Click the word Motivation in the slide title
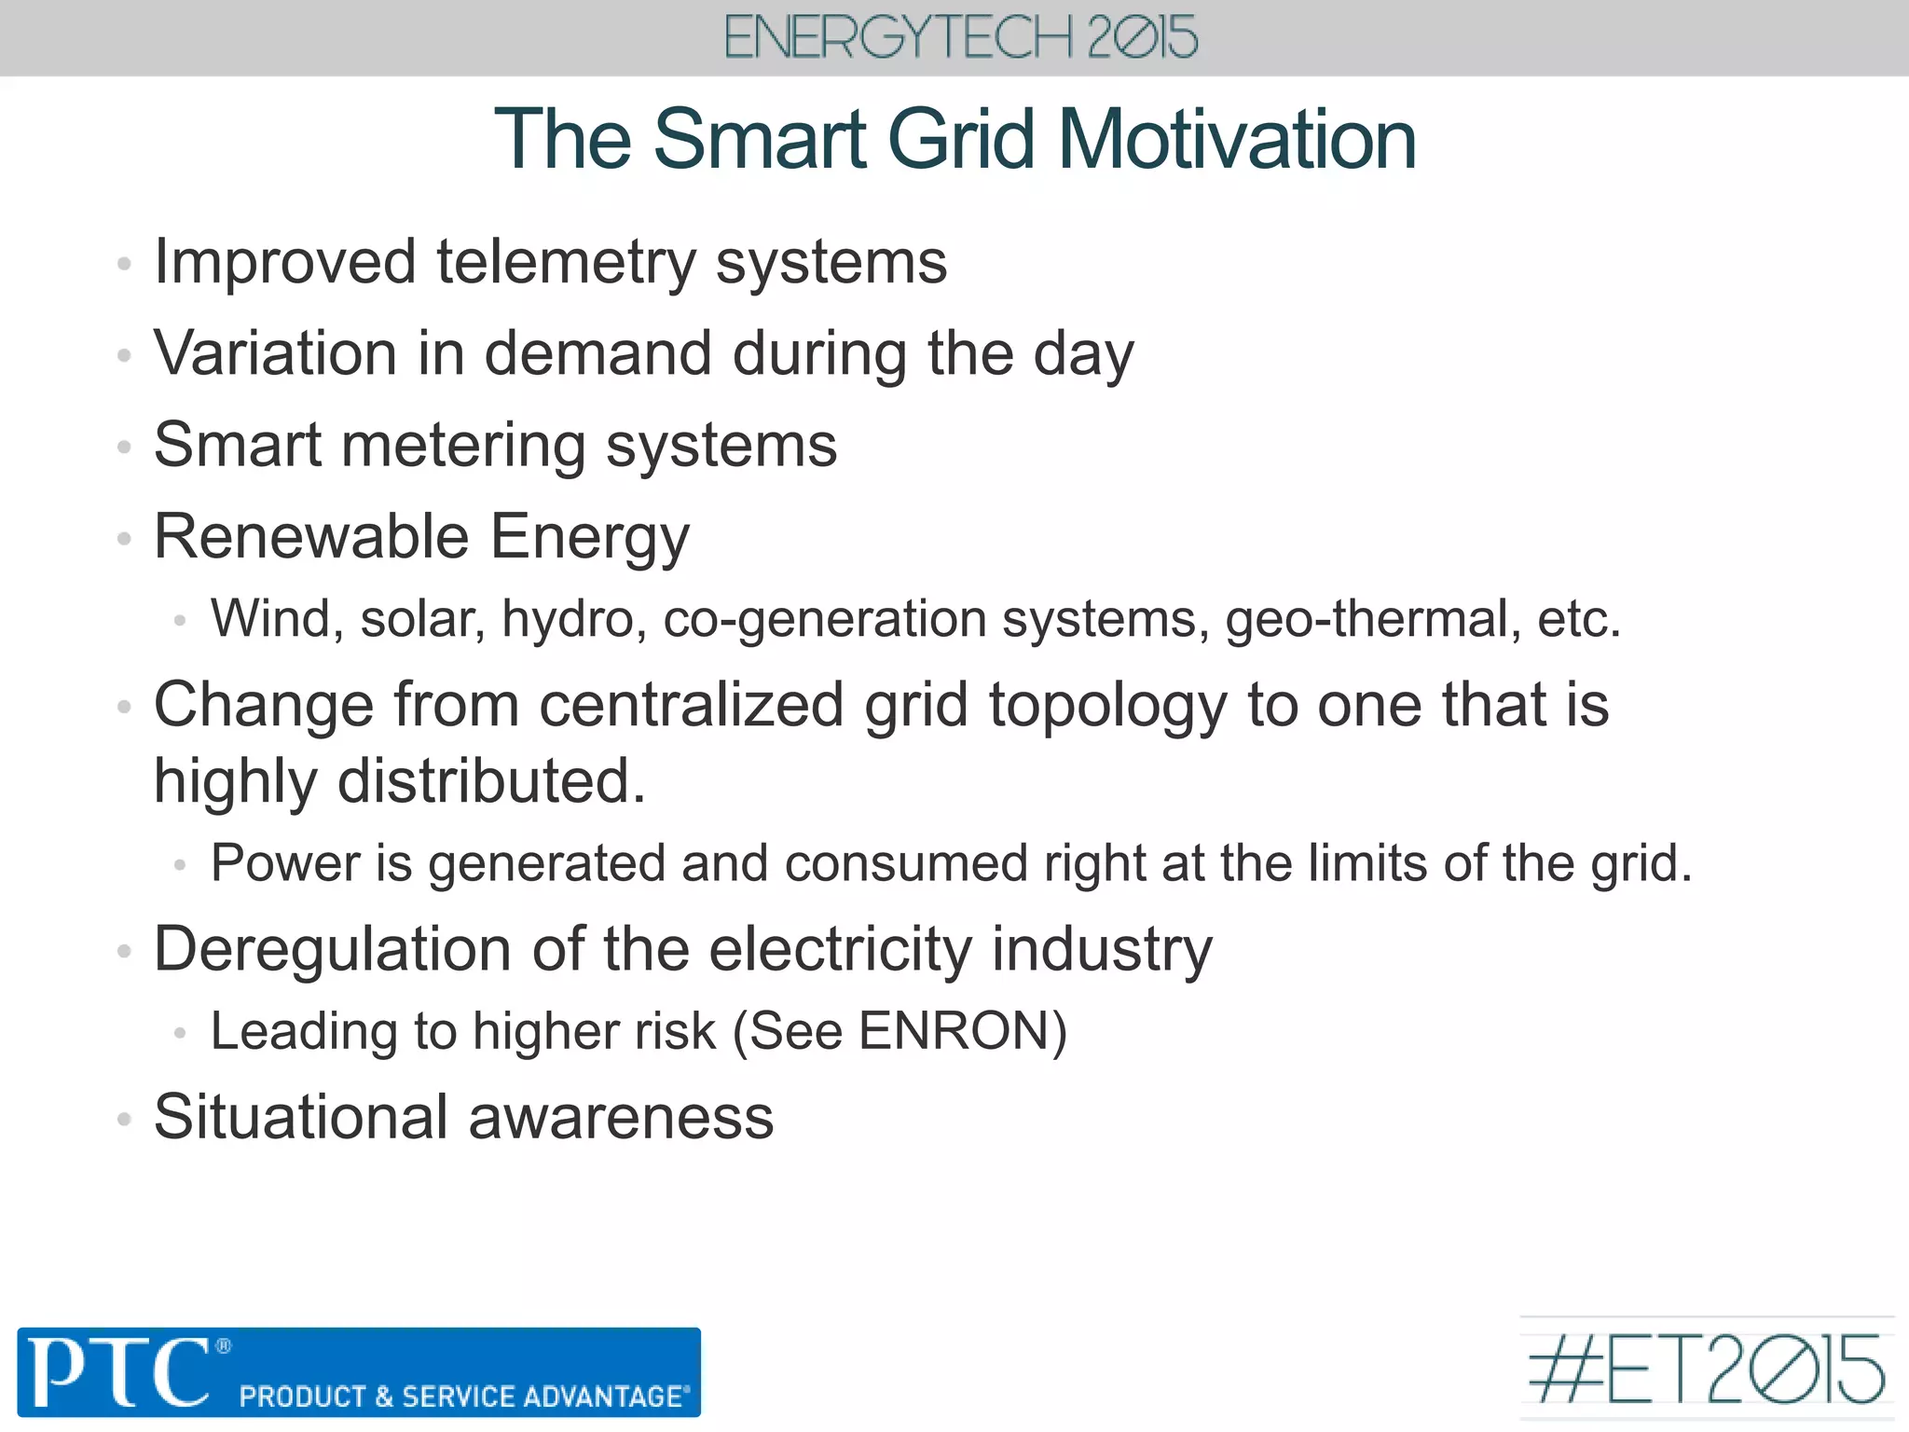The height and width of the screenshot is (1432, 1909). [1237, 140]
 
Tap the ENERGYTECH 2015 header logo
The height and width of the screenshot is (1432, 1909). [960, 38]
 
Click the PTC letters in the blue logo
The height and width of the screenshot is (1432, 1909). [119, 1371]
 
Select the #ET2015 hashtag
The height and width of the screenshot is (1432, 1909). [1707, 1370]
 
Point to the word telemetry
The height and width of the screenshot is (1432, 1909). [566, 262]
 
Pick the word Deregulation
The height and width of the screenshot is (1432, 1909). [332, 950]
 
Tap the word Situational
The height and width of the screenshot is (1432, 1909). [301, 1117]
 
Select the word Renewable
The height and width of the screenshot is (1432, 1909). [311, 537]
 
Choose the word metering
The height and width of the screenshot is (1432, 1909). [464, 446]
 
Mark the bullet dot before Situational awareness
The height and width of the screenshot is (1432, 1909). [124, 1119]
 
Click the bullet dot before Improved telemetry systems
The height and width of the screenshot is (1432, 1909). [124, 264]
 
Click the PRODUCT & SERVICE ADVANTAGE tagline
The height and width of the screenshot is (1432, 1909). [464, 1396]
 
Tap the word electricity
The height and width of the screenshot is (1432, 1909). [841, 950]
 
